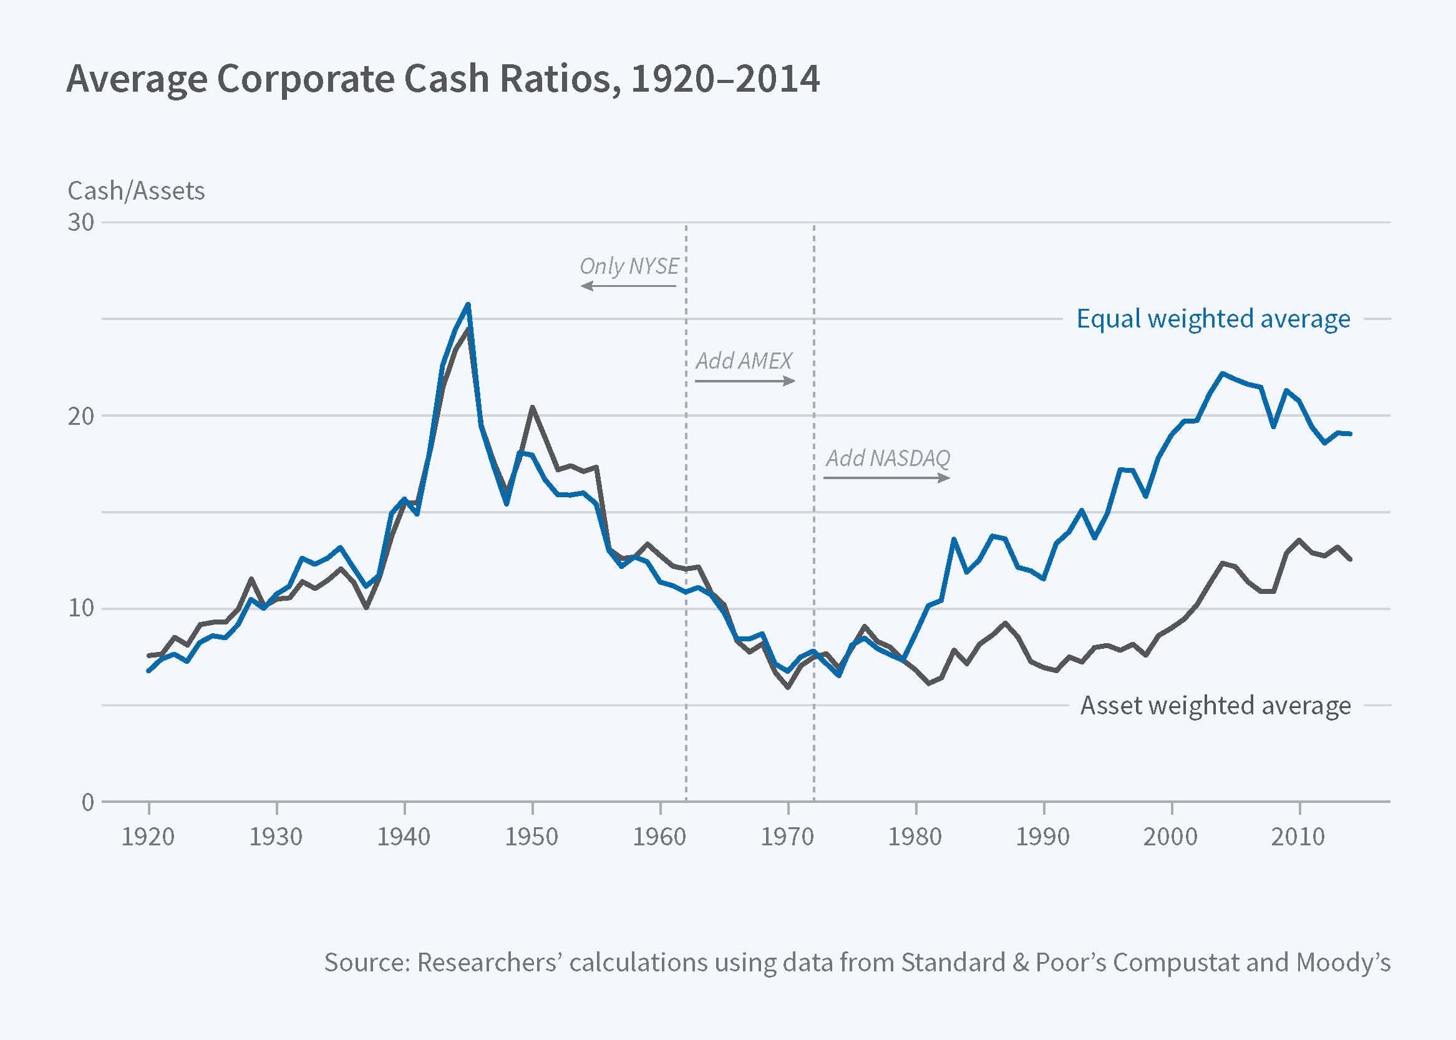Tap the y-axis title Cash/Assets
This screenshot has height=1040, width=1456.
coord(137,191)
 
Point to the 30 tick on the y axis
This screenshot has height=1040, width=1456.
coord(80,222)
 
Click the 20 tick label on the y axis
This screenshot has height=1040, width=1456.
coord(80,416)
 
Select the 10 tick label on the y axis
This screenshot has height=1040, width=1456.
coord(80,608)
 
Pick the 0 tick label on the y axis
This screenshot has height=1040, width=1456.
coord(88,802)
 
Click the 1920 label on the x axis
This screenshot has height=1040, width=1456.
coord(148,837)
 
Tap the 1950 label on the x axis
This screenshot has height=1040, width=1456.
coord(531,837)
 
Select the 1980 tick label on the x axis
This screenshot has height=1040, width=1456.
coord(915,837)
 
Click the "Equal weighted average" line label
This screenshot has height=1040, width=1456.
coord(1213,318)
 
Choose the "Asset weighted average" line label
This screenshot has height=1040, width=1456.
coord(1215,705)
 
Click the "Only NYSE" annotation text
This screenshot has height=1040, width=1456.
coord(629,266)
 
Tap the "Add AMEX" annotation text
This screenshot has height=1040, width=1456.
coord(744,361)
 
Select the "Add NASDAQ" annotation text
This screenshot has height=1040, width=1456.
coord(888,458)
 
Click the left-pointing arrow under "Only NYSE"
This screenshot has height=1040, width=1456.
coord(628,286)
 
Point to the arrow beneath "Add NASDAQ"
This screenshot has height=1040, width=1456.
coord(887,478)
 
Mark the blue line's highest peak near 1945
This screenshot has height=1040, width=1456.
coord(468,304)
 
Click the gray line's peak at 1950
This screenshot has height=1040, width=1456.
coord(532,407)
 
